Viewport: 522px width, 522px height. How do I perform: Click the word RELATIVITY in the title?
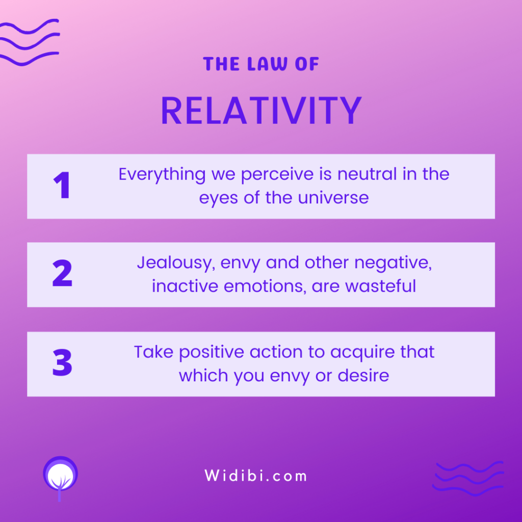tap(262, 111)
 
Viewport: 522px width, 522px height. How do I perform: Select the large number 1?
tap(62, 185)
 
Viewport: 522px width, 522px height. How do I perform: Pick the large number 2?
tap(62, 273)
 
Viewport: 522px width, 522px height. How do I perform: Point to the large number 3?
tap(62, 362)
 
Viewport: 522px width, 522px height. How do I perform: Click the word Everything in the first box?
tap(162, 175)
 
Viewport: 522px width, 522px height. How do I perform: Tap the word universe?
tap(333, 198)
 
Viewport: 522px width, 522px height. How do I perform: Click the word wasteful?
tap(380, 286)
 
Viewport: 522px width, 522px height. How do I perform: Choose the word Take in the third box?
tap(153, 352)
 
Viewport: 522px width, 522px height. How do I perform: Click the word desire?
tap(363, 376)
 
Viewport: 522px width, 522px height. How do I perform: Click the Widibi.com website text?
tap(256, 476)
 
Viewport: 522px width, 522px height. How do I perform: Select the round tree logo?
tap(60, 478)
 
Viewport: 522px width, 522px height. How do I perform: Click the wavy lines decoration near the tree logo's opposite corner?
tap(468, 478)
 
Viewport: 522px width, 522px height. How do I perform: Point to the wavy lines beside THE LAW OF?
tap(29, 42)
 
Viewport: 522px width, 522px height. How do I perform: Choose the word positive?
tap(212, 353)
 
